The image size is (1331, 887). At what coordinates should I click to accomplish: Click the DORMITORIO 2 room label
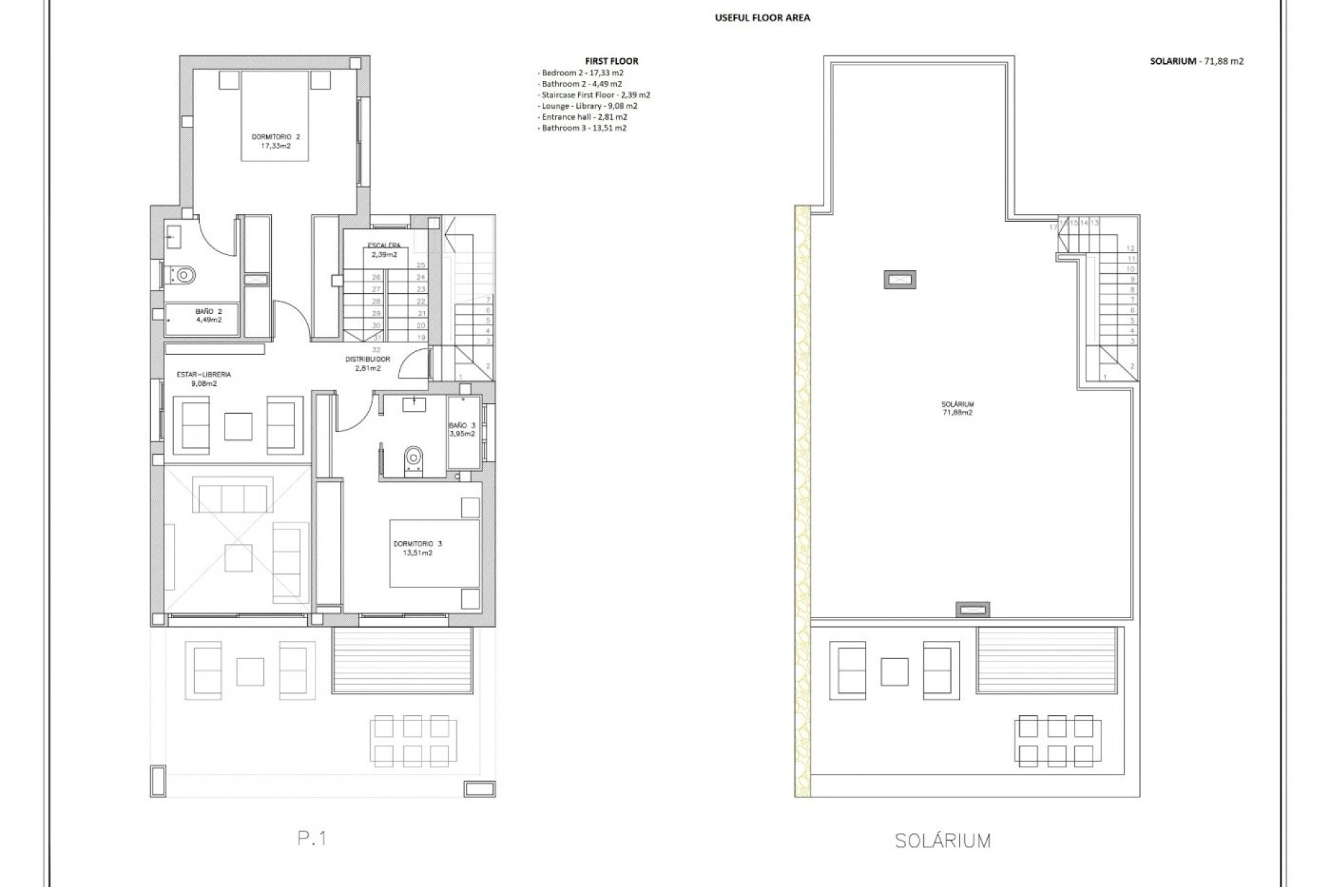pos(275,141)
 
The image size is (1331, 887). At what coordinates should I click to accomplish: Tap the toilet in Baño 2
pos(183,275)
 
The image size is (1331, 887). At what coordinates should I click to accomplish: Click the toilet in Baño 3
pos(414,458)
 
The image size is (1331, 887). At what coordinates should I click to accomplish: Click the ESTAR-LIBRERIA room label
pos(203,378)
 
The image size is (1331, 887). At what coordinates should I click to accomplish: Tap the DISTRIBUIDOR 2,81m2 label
pos(367,364)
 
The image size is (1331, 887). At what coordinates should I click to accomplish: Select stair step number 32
pos(376,350)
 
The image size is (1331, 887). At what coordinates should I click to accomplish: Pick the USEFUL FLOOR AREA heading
pos(762,18)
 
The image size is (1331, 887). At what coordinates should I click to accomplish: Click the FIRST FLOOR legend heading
pos(611,61)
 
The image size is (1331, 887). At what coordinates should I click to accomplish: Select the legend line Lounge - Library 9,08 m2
pos(589,106)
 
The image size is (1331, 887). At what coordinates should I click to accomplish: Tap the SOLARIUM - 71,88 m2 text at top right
pos(1197,61)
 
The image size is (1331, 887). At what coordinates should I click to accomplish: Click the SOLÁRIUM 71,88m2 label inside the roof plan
pos(957,408)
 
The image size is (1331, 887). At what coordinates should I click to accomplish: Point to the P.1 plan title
pos(312,838)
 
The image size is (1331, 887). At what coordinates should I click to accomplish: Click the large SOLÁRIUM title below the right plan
pos(942,841)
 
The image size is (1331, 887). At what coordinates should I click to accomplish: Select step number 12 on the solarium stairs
pos(1131,248)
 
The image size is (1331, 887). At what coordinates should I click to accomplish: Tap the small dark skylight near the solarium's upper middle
pos(899,279)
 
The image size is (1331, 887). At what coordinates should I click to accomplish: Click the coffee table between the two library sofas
pos(238,425)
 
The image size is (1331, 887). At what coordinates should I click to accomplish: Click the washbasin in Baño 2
pos(173,234)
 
